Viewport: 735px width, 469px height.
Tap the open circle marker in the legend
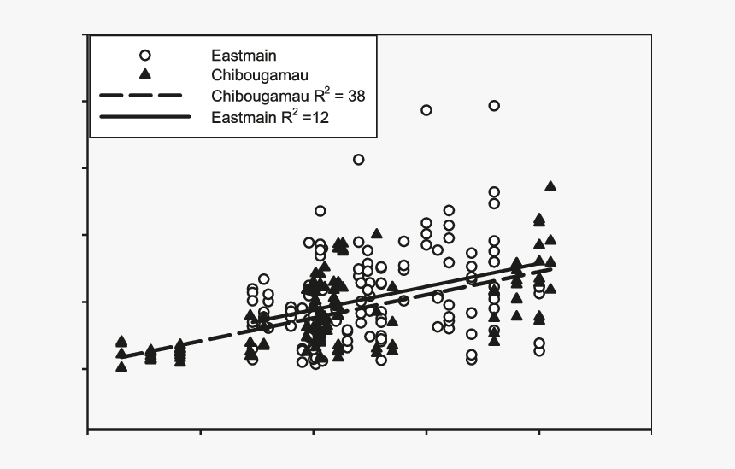(144, 54)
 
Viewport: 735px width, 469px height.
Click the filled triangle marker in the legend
(144, 74)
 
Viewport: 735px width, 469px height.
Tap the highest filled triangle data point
(550, 186)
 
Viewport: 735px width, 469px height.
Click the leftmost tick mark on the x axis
(88, 432)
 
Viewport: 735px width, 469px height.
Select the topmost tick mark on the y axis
(85, 35)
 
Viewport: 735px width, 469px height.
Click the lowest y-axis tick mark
(85, 369)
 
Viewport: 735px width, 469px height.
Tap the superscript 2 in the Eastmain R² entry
(291, 110)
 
